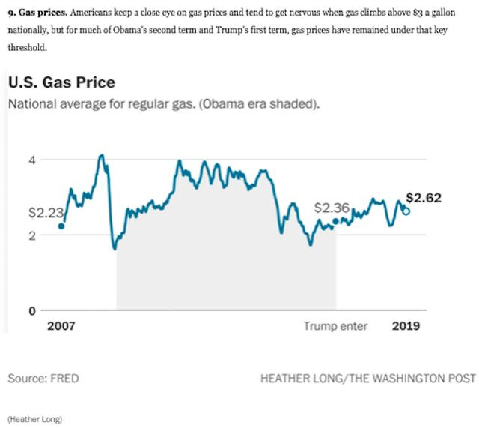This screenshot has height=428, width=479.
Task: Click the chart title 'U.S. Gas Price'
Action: click(x=61, y=82)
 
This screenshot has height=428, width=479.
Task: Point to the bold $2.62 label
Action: click(x=424, y=198)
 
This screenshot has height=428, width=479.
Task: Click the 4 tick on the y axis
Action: click(x=32, y=159)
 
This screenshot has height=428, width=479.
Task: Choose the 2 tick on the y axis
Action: click(x=32, y=235)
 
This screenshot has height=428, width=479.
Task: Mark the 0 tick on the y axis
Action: click(x=32, y=310)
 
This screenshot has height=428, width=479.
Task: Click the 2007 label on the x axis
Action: click(x=61, y=326)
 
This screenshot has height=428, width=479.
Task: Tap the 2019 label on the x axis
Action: click(x=406, y=326)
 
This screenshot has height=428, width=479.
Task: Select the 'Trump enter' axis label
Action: click(x=335, y=326)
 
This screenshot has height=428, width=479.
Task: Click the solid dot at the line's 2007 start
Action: click(x=61, y=226)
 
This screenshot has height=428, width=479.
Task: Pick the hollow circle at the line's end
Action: click(x=406, y=211)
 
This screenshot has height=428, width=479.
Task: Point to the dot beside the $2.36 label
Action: click(x=336, y=221)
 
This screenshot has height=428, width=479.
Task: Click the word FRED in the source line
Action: click(x=64, y=379)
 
